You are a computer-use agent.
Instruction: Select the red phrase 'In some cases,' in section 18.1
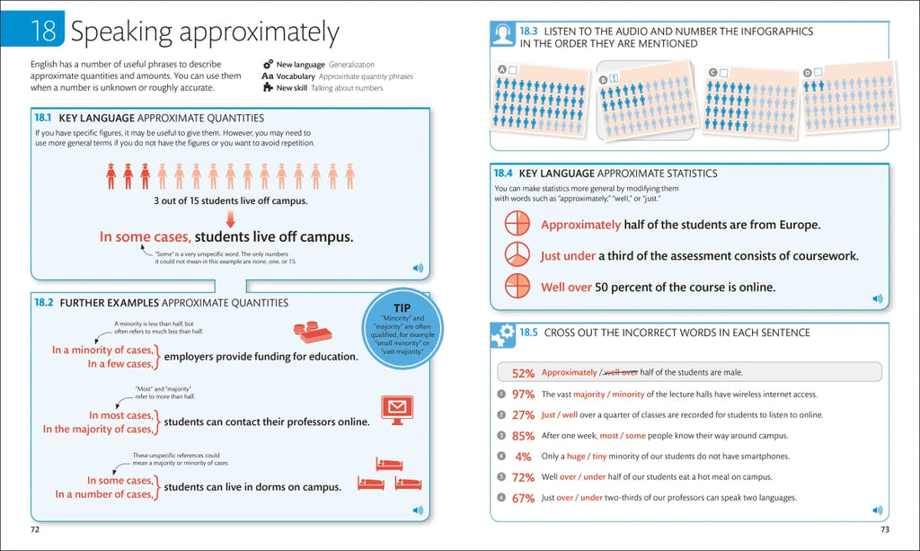coord(145,237)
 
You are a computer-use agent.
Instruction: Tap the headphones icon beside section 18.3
coord(502,35)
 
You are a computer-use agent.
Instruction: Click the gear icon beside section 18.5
coord(502,336)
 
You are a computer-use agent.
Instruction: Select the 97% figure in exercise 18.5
coord(523,395)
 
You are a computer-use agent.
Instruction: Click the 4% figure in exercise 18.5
coord(524,457)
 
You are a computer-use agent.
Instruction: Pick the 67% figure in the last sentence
coord(523,498)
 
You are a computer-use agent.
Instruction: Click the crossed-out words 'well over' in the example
coord(621,372)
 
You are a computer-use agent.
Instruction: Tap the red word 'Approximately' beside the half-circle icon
coord(580,225)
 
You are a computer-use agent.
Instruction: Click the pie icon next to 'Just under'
coord(516,255)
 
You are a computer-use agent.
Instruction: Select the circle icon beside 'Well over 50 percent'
coord(516,287)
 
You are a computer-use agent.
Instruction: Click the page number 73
coord(884,529)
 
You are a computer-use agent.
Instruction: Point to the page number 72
coord(35,529)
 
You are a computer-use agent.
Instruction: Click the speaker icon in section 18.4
coord(877,298)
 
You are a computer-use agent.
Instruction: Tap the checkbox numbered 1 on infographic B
coord(615,79)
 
